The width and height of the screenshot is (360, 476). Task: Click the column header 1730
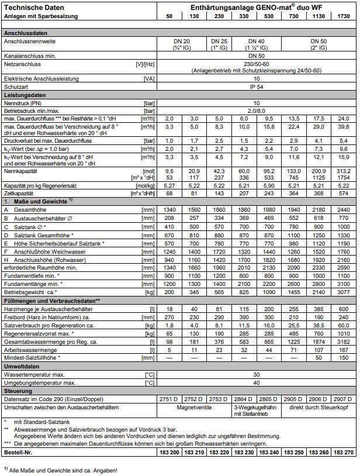coord(344,15)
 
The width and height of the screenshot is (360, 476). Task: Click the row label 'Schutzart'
coord(18,86)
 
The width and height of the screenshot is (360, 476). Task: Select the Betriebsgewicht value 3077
coord(344,291)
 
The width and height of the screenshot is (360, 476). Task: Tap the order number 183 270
coord(344,453)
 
